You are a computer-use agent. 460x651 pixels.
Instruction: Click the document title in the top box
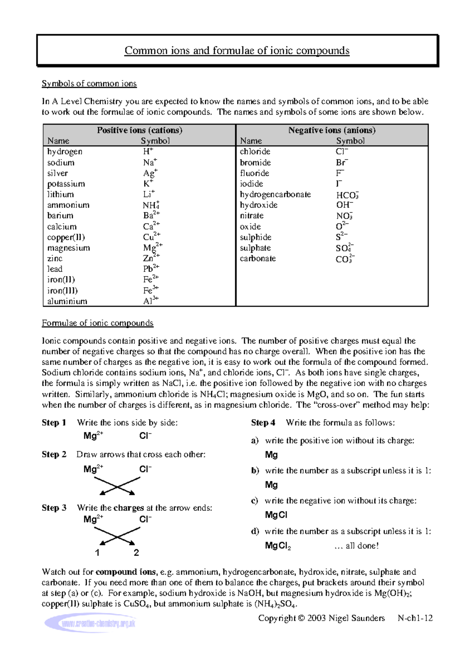237,51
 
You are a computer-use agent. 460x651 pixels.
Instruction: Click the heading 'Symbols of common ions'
89,84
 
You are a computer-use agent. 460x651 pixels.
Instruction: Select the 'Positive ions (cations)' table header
140,130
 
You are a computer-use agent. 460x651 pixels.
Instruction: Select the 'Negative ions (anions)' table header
332,130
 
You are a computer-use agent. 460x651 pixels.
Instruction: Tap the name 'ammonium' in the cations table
68,205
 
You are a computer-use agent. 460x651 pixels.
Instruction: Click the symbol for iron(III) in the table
151,290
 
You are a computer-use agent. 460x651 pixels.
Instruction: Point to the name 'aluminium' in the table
67,301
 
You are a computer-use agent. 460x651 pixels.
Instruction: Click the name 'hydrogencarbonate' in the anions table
275,194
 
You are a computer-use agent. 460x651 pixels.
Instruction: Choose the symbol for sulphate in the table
344,248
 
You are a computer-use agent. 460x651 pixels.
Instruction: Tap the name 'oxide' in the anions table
250,227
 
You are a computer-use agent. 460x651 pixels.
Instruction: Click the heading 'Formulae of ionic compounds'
97,323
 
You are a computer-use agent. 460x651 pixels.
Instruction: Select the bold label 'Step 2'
54,454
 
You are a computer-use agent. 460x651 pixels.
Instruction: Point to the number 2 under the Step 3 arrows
136,552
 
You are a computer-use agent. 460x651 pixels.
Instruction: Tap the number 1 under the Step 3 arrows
97,552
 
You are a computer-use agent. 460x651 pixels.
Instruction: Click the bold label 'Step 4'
263,422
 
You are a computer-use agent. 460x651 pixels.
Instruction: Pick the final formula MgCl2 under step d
278,546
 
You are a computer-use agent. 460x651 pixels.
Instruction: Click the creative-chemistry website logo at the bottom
90,623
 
